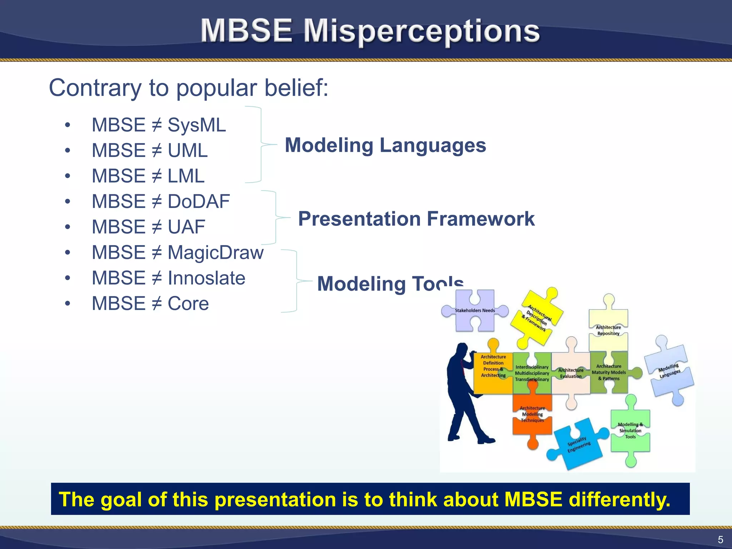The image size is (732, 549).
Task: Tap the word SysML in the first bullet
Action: tap(197, 125)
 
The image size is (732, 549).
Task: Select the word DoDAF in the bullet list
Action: tap(199, 201)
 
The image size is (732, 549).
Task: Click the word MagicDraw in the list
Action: tap(216, 252)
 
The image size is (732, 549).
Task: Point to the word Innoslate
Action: tap(206, 278)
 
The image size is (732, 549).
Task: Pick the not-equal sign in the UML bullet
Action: tap(157, 150)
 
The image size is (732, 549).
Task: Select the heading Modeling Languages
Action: tap(385, 145)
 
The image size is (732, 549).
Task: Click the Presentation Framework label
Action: tap(416, 219)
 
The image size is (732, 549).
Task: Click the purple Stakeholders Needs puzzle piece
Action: tap(475, 311)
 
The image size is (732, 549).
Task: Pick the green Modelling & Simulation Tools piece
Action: tap(630, 431)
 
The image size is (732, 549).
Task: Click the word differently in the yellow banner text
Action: tap(619, 499)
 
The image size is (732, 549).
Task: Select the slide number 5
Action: tap(720, 539)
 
